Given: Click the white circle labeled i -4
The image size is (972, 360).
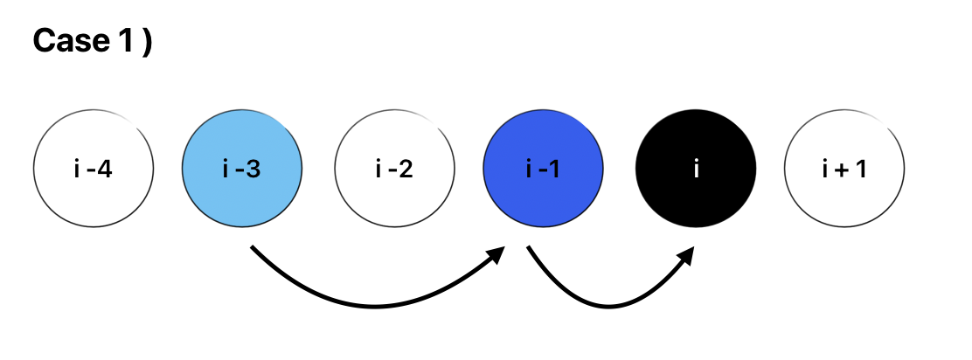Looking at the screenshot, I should (x=94, y=169).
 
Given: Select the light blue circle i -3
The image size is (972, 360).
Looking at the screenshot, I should (x=242, y=169).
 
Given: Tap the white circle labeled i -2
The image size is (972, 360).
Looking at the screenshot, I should (x=395, y=169).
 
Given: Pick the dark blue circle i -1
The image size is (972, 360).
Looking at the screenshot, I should (x=543, y=169).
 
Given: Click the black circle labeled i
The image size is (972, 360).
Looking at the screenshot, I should (x=696, y=169).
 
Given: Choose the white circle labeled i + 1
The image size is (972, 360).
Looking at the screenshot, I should (x=844, y=169).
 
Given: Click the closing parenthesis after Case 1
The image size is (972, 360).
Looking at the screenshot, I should (x=146, y=42).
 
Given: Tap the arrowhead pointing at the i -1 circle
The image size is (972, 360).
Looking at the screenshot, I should (x=498, y=255).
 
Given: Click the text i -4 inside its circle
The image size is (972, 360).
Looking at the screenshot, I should (x=94, y=170).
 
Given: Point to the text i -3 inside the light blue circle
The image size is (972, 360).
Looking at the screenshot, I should (x=242, y=170).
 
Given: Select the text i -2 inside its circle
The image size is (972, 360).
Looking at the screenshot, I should (x=395, y=170).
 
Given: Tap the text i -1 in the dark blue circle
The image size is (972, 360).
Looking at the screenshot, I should (x=543, y=170).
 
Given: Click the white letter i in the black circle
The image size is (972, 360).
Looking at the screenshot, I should (x=696, y=170).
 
